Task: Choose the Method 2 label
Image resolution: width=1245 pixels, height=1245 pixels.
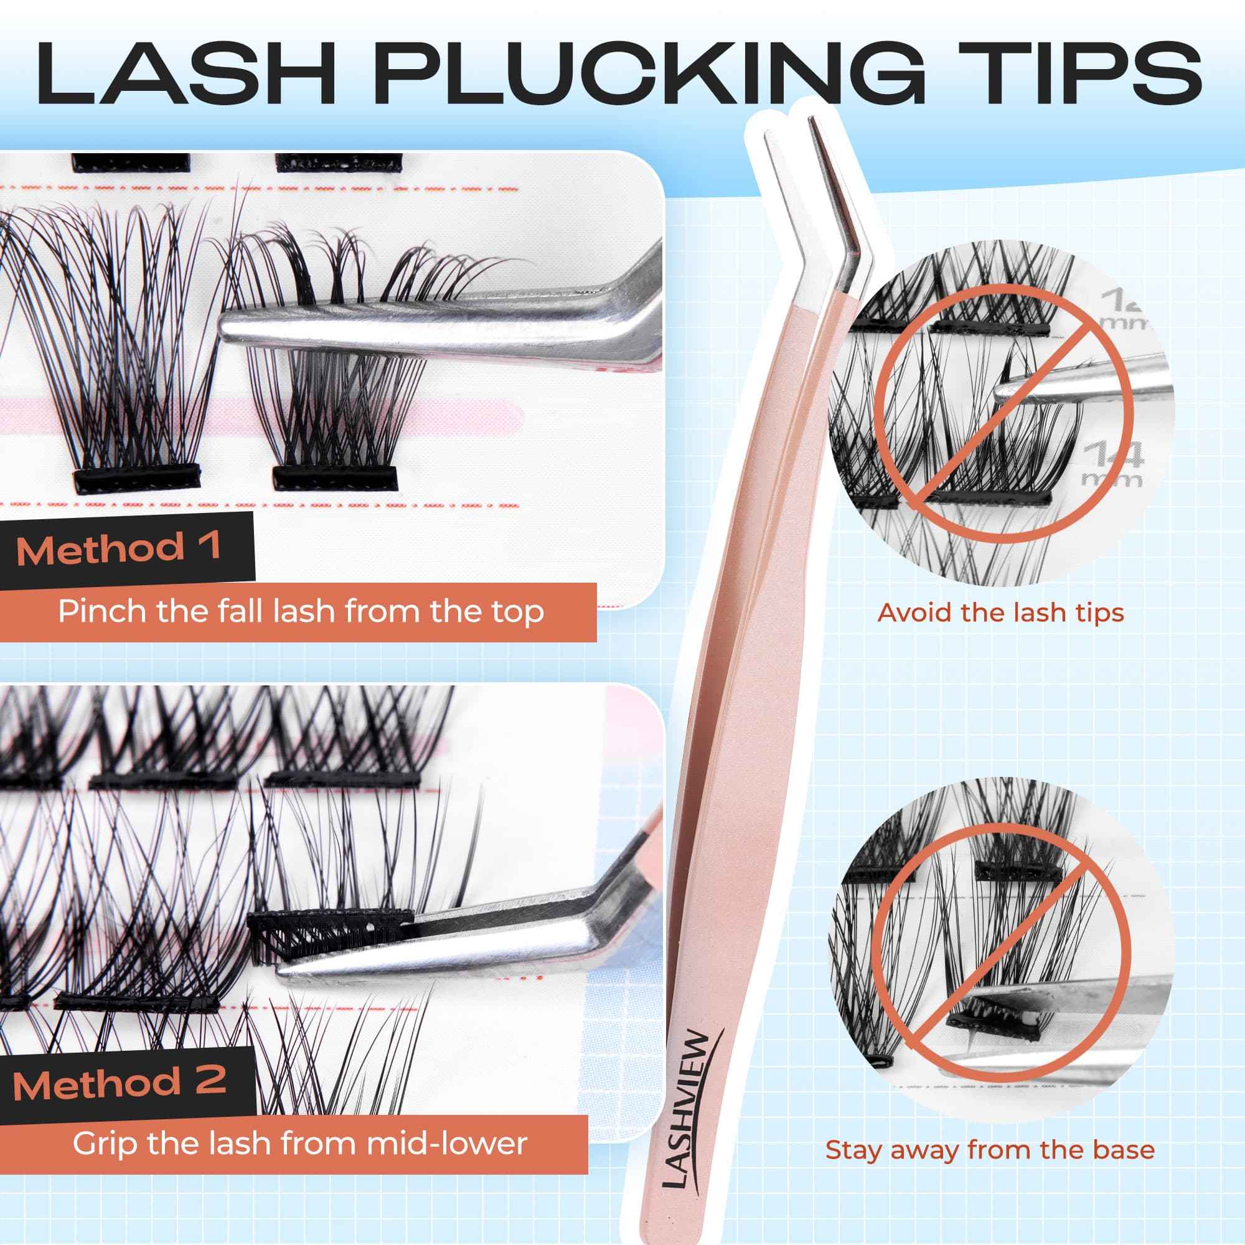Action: click(120, 1084)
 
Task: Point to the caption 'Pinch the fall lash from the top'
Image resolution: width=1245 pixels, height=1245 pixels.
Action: click(301, 611)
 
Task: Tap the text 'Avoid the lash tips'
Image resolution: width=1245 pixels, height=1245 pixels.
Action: click(1000, 612)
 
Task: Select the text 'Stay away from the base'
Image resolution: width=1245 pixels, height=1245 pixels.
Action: click(990, 1150)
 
